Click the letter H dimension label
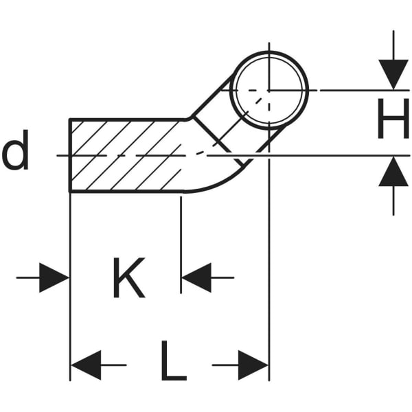(393, 122)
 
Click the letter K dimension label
(128, 278)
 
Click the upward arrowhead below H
(393, 172)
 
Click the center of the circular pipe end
(268, 90)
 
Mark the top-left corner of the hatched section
(71, 120)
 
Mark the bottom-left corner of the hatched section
(71, 191)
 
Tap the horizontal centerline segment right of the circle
(343, 90)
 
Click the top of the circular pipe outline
(268, 53)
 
